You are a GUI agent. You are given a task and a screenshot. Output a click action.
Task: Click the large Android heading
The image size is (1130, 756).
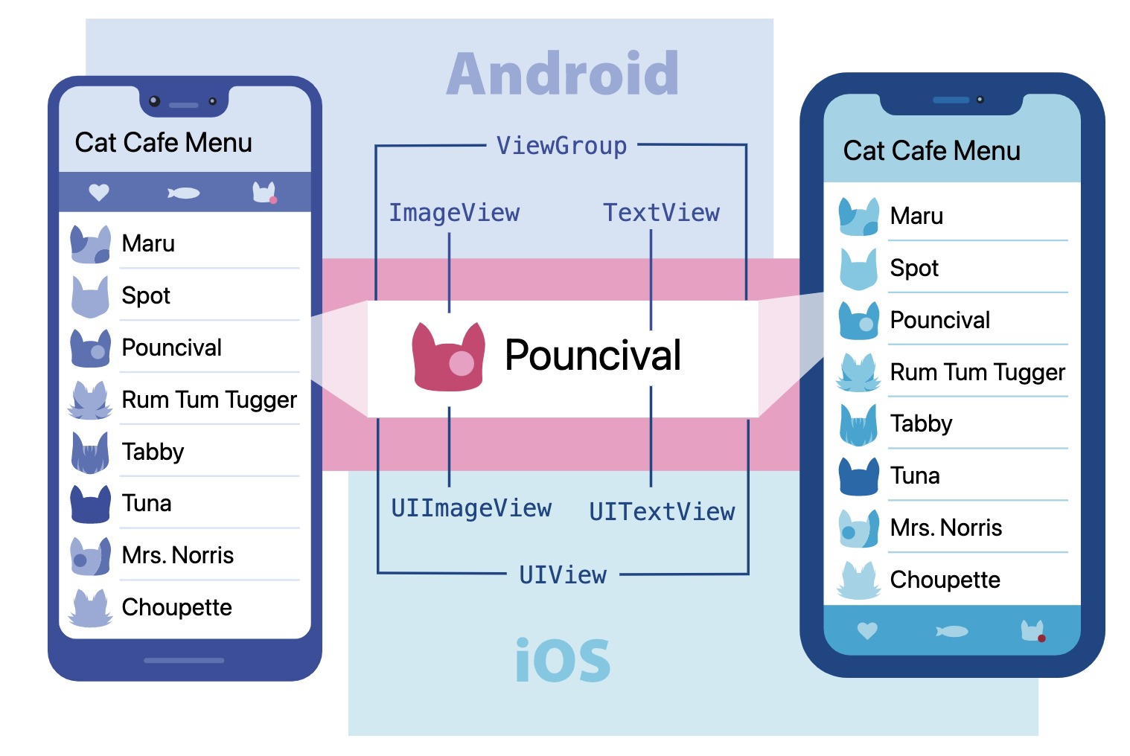coord(562,74)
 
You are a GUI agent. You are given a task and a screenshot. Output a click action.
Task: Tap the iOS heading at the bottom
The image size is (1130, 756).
coord(562,660)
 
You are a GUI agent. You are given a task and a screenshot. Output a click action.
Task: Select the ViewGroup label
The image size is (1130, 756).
coord(561,146)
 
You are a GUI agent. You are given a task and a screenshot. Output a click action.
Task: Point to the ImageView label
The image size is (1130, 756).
coord(454,214)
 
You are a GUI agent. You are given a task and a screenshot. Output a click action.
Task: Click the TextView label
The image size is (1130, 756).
coord(661,214)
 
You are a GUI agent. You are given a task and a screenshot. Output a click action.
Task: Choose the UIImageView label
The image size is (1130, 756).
coord(471,509)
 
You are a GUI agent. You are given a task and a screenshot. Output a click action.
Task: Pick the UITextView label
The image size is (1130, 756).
coord(662,512)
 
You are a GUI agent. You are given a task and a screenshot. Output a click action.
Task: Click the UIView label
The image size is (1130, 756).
coord(563,575)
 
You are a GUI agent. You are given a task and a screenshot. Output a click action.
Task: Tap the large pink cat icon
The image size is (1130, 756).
coord(449,356)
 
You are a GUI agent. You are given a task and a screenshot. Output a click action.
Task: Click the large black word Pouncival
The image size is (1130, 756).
coord(593,355)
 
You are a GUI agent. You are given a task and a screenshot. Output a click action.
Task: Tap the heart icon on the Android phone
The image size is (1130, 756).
coord(99,193)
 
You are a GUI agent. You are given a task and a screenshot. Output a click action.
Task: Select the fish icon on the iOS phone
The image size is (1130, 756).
coord(952,632)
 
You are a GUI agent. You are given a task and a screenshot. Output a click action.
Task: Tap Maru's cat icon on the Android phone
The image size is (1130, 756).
coord(90,244)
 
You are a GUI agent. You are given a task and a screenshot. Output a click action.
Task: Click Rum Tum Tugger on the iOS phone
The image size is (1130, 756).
coord(977,372)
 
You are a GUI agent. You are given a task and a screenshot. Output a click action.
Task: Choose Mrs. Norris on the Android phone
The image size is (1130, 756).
coord(177,555)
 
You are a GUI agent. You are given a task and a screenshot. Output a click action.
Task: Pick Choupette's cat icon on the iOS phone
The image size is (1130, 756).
coord(858,580)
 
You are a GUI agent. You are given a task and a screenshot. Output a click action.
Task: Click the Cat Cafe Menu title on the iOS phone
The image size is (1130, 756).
coord(931,151)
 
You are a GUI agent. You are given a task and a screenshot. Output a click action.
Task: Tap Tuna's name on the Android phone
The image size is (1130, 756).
coord(147,503)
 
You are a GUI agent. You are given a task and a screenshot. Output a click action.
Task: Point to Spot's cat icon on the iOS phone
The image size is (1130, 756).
coord(858,269)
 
